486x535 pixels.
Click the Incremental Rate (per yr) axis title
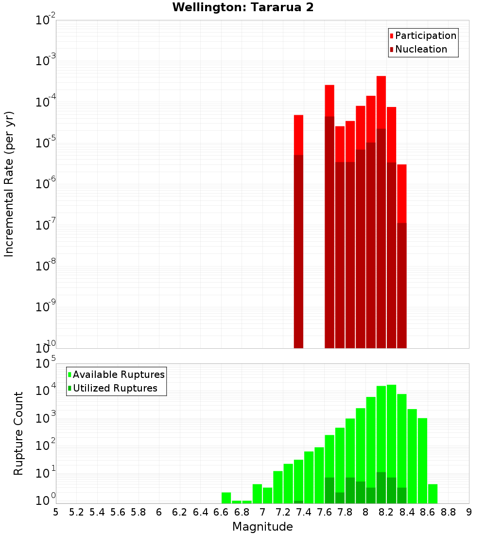tap(9, 184)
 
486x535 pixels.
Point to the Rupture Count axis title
tap(18, 433)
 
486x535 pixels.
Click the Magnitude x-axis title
tap(262, 527)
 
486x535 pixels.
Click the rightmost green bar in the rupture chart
tap(433, 494)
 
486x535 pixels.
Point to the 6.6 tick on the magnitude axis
tap(221, 512)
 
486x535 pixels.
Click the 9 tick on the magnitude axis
tap(469, 512)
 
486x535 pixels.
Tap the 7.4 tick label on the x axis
tap(303, 512)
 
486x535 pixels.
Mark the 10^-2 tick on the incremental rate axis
tap(45, 20)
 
